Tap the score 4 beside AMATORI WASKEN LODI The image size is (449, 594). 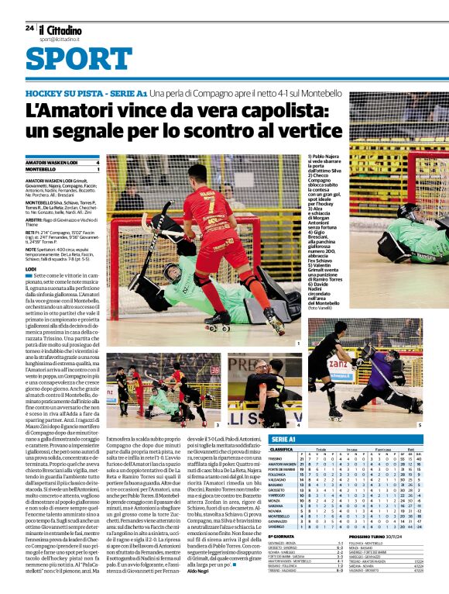(98, 162)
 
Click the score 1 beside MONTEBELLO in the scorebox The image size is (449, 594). (98, 169)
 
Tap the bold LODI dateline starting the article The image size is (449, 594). (31, 268)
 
